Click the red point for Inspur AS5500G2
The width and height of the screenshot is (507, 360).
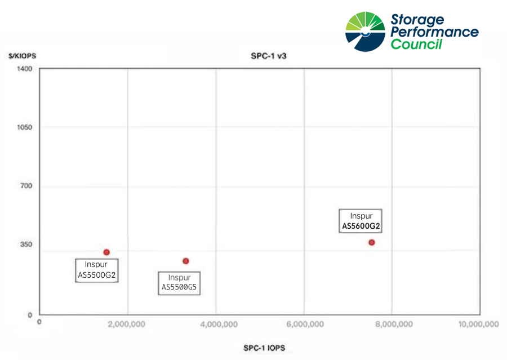click(106, 252)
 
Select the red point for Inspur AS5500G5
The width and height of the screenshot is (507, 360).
click(185, 261)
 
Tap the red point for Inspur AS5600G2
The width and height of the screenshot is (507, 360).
click(372, 242)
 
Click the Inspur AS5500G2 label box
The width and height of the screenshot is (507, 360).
click(96, 270)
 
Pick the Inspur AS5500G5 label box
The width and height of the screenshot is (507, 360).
click(180, 283)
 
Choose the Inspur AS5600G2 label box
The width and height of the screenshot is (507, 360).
click(361, 221)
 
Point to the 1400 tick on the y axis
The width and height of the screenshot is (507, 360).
click(27, 69)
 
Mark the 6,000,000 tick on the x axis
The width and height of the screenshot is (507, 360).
click(305, 324)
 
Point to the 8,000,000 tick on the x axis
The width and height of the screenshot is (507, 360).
click(393, 324)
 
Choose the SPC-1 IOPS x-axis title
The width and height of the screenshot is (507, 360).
click(264, 348)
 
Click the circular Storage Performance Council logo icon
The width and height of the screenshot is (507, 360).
click(366, 30)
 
